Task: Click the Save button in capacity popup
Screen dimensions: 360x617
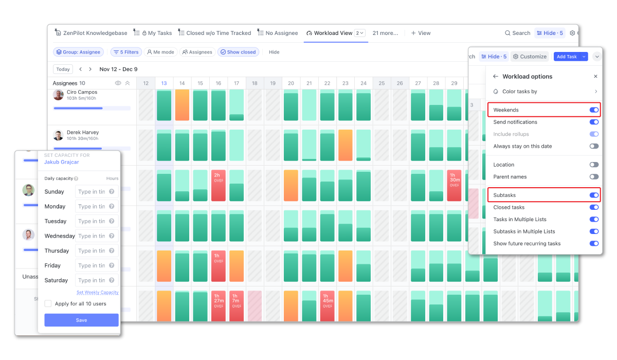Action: pyautogui.click(x=81, y=320)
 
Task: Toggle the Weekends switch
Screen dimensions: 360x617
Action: pyautogui.click(x=594, y=110)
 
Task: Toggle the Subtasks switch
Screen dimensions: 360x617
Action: pyautogui.click(x=594, y=195)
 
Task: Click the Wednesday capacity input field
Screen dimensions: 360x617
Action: pyautogui.click(x=97, y=236)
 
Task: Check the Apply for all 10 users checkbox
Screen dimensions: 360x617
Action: pyautogui.click(x=48, y=303)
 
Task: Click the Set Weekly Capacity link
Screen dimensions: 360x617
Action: pyautogui.click(x=98, y=292)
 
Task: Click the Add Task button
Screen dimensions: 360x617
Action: pyautogui.click(x=567, y=57)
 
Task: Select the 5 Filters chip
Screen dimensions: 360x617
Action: pyautogui.click(x=125, y=52)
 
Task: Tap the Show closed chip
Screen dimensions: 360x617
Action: pyautogui.click(x=238, y=52)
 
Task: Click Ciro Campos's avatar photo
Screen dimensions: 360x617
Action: pyautogui.click(x=59, y=95)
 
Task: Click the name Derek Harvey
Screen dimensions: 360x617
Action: pyautogui.click(x=83, y=132)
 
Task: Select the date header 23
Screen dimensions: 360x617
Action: pyautogui.click(x=346, y=83)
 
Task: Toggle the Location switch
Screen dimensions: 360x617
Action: pyautogui.click(x=594, y=165)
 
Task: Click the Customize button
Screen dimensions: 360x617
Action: pyautogui.click(x=530, y=57)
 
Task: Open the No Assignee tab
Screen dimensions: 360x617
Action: pyautogui.click(x=278, y=33)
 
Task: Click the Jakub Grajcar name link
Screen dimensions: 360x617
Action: pyautogui.click(x=62, y=162)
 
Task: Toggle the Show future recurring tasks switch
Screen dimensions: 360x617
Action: pyautogui.click(x=594, y=244)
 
